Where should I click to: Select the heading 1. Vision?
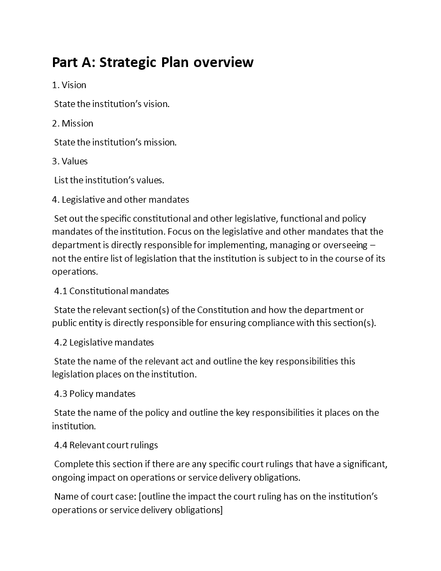click(x=69, y=85)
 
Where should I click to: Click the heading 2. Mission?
click(x=72, y=123)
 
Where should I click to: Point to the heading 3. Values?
click(x=70, y=161)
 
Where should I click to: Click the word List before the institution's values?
click(x=61, y=180)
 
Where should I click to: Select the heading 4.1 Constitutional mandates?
click(x=111, y=291)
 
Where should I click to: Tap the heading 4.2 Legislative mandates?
click(x=104, y=342)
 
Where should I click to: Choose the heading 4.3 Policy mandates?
click(x=95, y=394)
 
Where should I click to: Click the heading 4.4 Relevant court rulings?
click(x=106, y=445)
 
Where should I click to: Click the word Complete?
click(x=73, y=464)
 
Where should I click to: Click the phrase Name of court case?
click(x=95, y=496)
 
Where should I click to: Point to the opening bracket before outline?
click(x=141, y=496)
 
